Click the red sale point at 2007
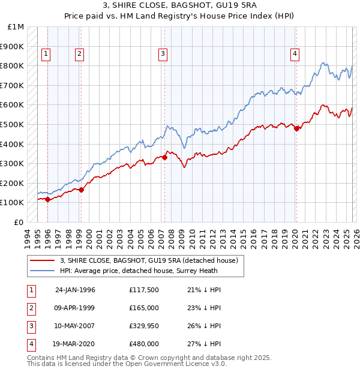[x=164, y=158]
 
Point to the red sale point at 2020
[x=297, y=128]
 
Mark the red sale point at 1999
[x=82, y=190]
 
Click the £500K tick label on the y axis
[x=12, y=124]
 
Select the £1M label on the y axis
[x=16, y=27]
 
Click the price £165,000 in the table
[x=144, y=308]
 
